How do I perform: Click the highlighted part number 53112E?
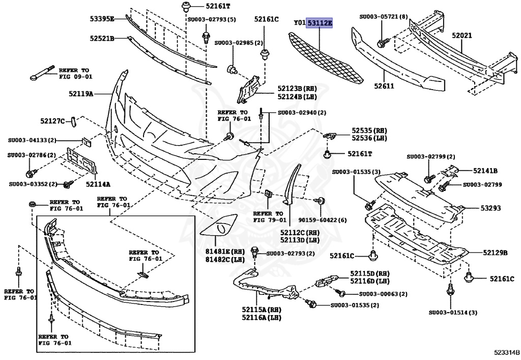[x=320, y=23]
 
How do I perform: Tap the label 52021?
[x=461, y=37]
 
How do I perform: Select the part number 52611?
[x=385, y=86]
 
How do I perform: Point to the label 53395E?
[x=101, y=19]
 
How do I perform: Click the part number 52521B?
[x=101, y=38]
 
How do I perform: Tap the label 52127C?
[x=53, y=121]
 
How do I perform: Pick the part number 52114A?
[x=98, y=184]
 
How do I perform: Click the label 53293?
[x=491, y=208]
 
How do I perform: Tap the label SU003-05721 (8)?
[x=384, y=16]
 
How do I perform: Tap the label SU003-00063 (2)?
[x=383, y=294]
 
